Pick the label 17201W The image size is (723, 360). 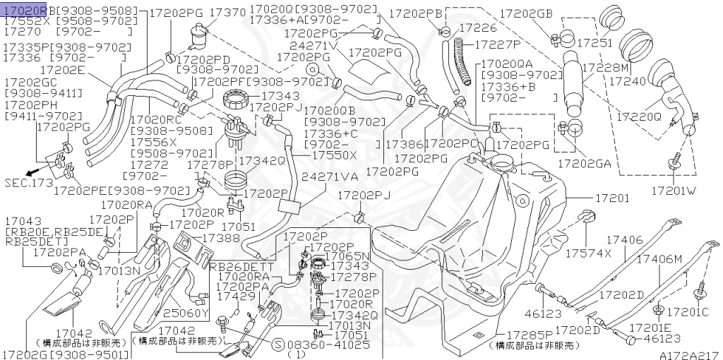673,190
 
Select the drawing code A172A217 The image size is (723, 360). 689,354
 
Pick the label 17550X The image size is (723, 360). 335,155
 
